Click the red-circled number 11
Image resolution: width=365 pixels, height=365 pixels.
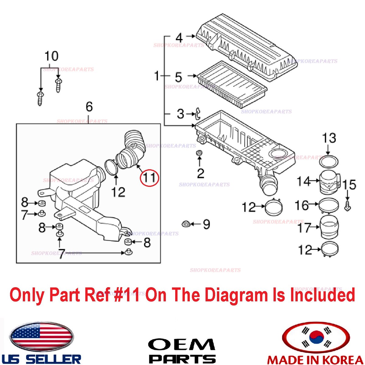pos(149,177)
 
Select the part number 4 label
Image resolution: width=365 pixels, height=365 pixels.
pos(179,38)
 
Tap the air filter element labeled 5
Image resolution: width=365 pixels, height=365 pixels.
pos(232,84)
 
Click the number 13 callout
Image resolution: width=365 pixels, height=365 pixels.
pos(329,138)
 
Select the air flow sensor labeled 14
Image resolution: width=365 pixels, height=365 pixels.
pos(329,182)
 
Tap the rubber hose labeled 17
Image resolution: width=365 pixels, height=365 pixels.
pos(329,227)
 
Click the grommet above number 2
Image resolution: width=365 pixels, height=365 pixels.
pos(199,153)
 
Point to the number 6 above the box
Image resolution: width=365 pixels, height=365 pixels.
pos(89,107)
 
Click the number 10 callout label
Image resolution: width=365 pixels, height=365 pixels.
pos(51,56)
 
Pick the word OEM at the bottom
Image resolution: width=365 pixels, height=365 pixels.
pos(182,345)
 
